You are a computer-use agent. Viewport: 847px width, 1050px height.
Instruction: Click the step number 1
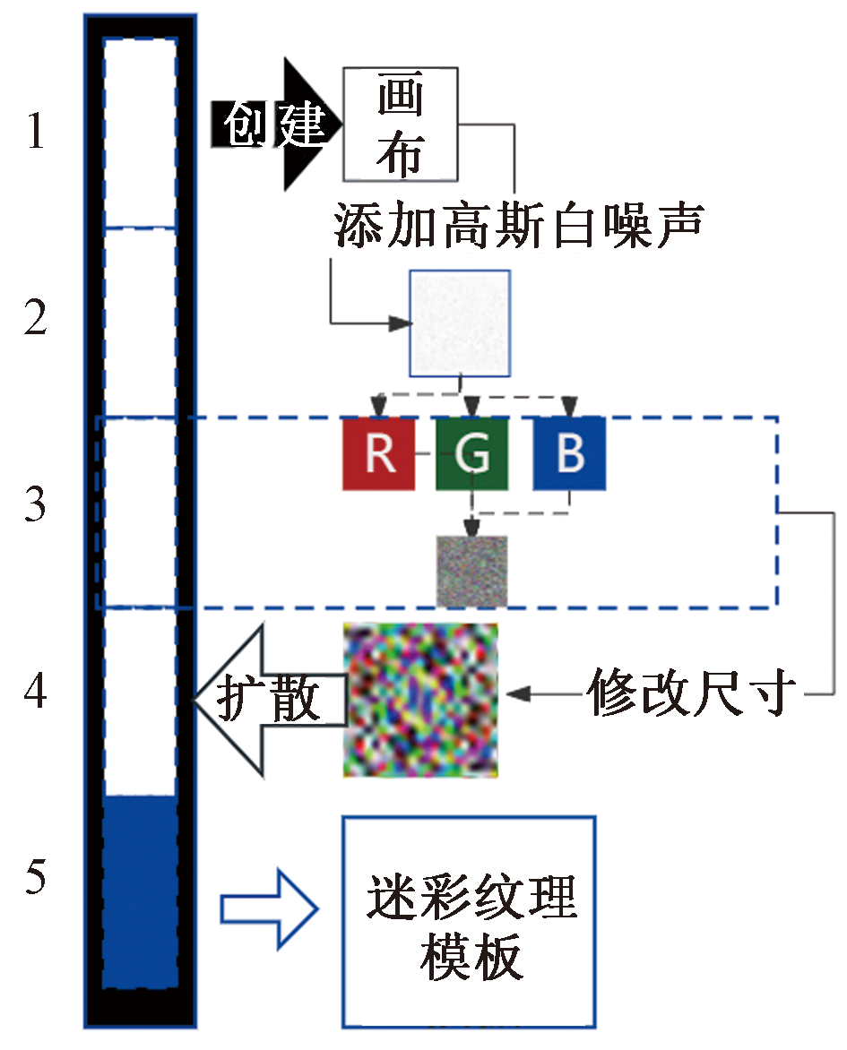tap(35, 133)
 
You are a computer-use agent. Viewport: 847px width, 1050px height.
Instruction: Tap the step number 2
tap(35, 320)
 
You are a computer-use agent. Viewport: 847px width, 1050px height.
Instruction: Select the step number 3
tap(35, 506)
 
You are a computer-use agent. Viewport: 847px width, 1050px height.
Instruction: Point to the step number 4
tap(35, 693)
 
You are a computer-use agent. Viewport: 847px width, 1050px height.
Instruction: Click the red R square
tap(378, 454)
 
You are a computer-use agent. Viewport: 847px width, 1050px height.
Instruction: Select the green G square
tap(471, 454)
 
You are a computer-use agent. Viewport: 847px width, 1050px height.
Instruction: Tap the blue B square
tap(569, 454)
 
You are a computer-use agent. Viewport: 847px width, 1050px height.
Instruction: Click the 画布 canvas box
tap(400, 124)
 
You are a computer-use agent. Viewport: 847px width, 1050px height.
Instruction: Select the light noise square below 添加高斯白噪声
tap(460, 323)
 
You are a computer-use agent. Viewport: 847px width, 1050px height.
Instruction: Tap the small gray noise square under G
tap(471, 571)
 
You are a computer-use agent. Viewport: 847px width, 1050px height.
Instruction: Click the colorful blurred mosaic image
tap(420, 701)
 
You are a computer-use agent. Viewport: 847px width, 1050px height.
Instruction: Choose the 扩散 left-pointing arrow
tap(269, 699)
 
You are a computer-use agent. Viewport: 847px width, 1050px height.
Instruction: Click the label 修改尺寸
tap(692, 693)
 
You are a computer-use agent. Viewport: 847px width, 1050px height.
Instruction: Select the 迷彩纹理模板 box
tap(469, 922)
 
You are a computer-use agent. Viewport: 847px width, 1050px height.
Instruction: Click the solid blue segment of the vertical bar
tap(140, 891)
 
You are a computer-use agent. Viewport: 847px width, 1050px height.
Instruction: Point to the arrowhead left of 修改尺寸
tap(518, 693)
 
